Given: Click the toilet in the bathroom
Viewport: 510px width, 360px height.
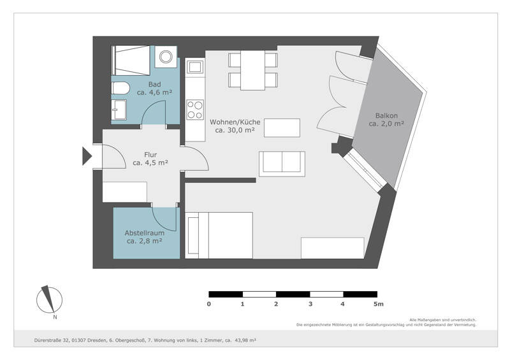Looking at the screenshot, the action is point(120,88).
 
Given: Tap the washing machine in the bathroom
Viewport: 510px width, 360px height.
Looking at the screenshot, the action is point(166,57).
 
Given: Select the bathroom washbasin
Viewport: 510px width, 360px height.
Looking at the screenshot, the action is point(119,110).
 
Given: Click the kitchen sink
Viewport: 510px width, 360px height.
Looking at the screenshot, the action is point(195,67).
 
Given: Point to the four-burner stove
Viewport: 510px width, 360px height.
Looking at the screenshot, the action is point(195,110).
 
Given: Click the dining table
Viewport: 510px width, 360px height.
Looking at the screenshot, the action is point(252,70).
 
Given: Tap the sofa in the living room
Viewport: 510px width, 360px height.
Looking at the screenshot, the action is point(282,164).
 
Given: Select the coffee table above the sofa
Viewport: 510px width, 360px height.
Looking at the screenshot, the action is point(282,128).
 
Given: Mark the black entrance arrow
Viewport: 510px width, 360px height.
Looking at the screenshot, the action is point(87,156).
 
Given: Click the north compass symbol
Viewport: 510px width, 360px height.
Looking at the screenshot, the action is point(49,301).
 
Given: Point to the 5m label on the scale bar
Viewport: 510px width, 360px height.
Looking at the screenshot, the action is point(379,304).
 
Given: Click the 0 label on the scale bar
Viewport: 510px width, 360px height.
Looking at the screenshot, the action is point(209,304).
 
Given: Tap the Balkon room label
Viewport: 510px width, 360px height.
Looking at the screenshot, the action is point(386,115).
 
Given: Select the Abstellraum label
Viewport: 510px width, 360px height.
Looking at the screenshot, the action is point(145,233).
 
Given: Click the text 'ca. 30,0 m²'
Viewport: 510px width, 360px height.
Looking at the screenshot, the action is point(235,130).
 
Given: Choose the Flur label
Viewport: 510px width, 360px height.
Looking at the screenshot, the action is point(150,155).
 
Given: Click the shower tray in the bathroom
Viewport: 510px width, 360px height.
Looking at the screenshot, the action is point(131,61).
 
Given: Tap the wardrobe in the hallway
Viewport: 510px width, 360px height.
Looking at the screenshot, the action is point(124,192).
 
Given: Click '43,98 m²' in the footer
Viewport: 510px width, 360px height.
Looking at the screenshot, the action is point(245,340).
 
